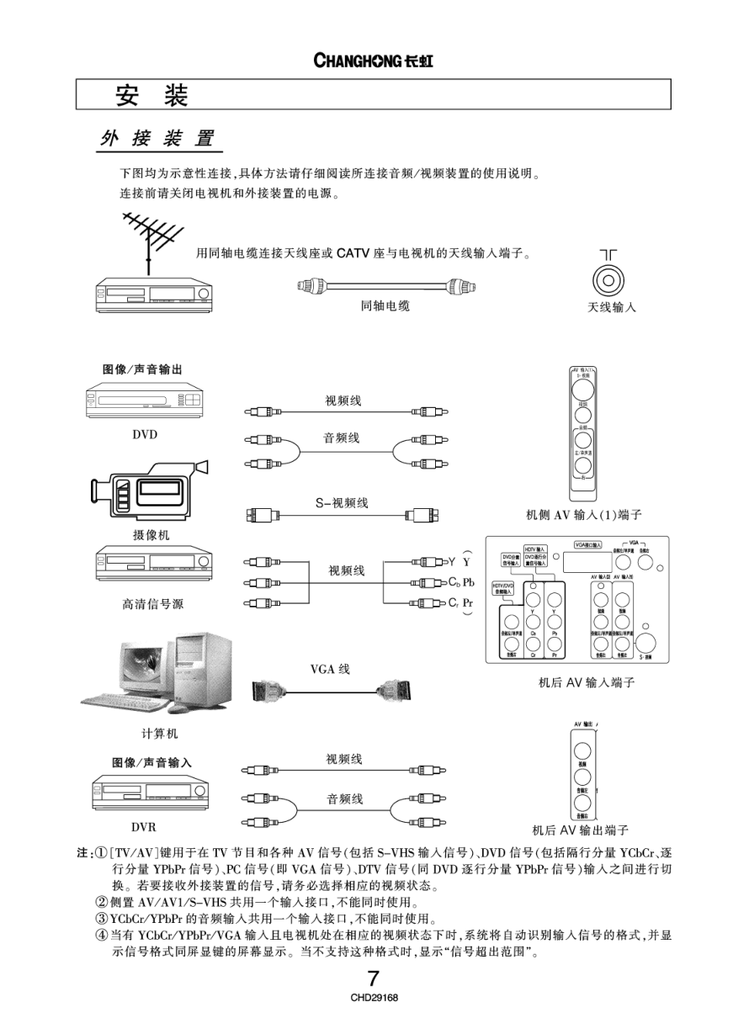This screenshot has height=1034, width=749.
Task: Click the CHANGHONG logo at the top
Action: coord(374,61)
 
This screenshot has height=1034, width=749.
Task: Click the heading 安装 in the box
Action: coord(151,95)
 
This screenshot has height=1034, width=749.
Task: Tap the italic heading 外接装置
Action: coord(157,140)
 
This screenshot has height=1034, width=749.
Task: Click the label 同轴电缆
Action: coord(385,307)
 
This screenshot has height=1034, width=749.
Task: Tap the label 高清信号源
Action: coord(146,604)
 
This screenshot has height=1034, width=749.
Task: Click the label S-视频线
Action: coord(342,503)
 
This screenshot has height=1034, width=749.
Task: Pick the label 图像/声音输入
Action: coord(152,762)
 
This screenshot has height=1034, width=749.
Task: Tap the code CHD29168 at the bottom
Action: coord(374,998)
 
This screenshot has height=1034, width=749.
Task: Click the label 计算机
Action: coord(160,734)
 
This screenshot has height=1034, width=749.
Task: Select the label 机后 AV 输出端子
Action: coord(581,830)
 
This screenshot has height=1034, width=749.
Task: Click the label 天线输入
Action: coord(612,308)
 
